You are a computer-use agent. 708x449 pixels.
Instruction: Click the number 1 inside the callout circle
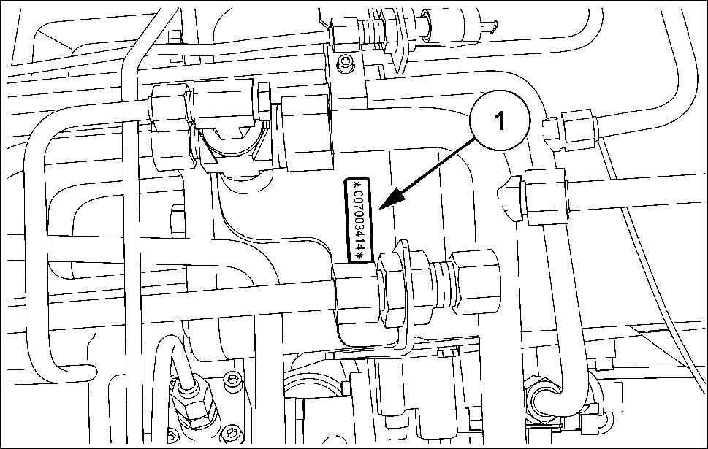(x=499, y=120)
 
